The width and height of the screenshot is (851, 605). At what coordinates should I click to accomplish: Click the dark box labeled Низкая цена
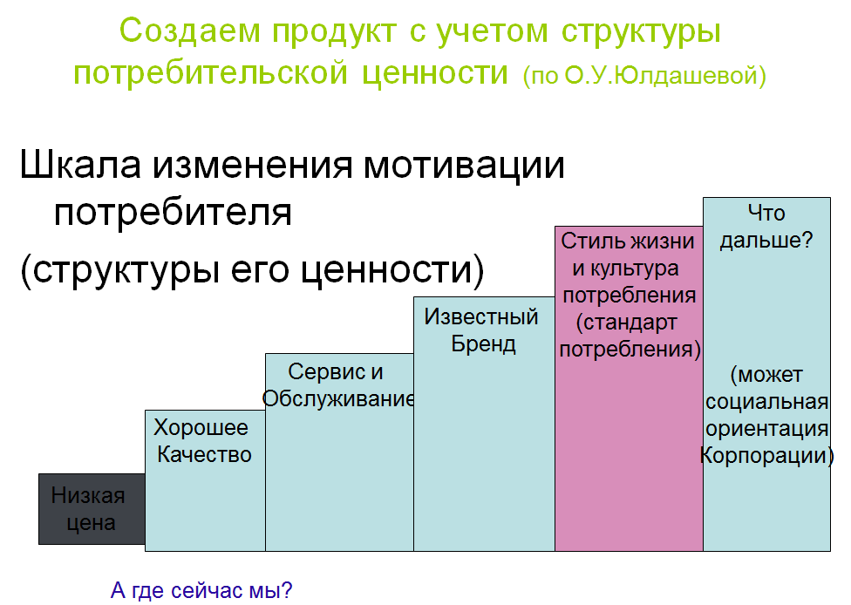pos(92,509)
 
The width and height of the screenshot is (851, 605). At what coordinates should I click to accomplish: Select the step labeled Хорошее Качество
pos(205,480)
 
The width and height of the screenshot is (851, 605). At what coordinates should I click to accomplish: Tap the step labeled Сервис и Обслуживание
pos(339,452)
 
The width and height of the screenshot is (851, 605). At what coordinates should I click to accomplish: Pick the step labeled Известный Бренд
pos(484,424)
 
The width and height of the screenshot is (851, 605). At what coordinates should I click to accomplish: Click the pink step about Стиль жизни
pos(629,389)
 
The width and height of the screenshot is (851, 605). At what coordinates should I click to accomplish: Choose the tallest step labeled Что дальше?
pos(767,374)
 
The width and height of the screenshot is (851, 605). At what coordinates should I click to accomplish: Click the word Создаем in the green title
pos(190,31)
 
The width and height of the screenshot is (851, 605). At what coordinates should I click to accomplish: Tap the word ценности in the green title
pos(435,73)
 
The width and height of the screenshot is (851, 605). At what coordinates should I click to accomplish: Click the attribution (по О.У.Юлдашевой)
pos(644,76)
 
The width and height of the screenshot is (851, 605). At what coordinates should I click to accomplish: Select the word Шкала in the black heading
pos(80,164)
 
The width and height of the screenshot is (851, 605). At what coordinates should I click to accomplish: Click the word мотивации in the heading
pos(465,165)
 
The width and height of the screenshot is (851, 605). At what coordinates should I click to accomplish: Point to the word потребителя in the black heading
pos(173,212)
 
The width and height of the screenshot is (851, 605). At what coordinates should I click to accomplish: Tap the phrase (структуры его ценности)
pos(252,269)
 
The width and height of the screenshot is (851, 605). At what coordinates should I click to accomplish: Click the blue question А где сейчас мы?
pos(201,590)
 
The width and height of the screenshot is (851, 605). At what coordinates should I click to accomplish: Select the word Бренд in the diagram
pos(484,344)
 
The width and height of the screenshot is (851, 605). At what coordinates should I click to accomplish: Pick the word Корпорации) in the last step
pos(767,456)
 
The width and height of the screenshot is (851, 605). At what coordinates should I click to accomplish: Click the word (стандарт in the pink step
pos(626,323)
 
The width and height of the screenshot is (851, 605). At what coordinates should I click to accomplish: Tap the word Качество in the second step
pos(205,455)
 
